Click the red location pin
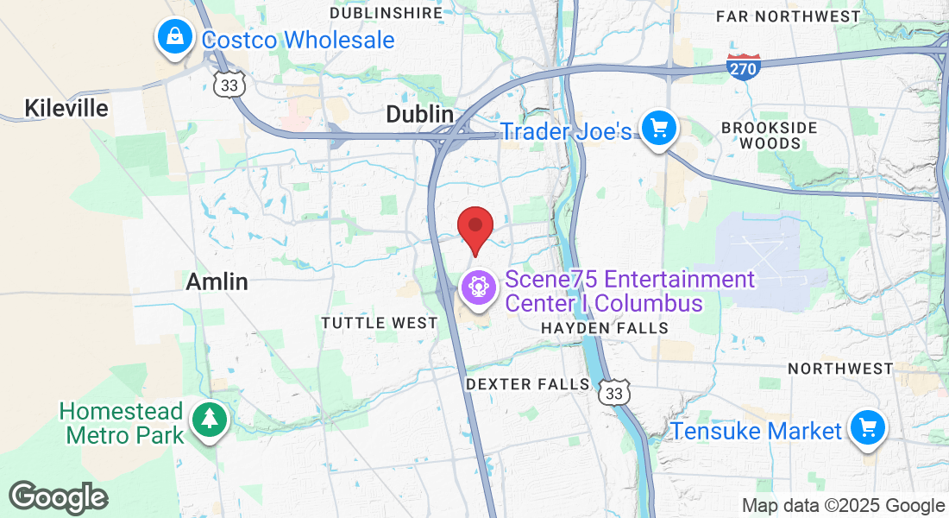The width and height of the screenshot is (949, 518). (474, 227)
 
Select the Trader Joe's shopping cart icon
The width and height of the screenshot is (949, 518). (660, 129)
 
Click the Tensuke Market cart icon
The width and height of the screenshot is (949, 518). (867, 429)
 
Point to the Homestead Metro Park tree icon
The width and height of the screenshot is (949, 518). (209, 420)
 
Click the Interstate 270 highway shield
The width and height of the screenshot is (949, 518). (745, 66)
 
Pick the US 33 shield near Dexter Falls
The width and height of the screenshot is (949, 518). (614, 391)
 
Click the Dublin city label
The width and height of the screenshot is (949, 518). (420, 114)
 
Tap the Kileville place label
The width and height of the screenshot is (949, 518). (66, 108)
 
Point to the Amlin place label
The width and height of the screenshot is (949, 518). (217, 281)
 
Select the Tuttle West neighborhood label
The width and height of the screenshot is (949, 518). (380, 323)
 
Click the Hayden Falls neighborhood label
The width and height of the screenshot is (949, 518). (604, 328)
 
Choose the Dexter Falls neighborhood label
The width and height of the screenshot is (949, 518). (528, 384)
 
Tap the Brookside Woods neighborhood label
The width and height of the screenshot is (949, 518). (769, 136)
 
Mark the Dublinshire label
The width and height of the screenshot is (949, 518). (386, 13)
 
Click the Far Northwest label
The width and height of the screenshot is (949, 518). (789, 16)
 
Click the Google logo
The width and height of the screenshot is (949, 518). (59, 498)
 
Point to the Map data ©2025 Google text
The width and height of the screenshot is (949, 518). (844, 506)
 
